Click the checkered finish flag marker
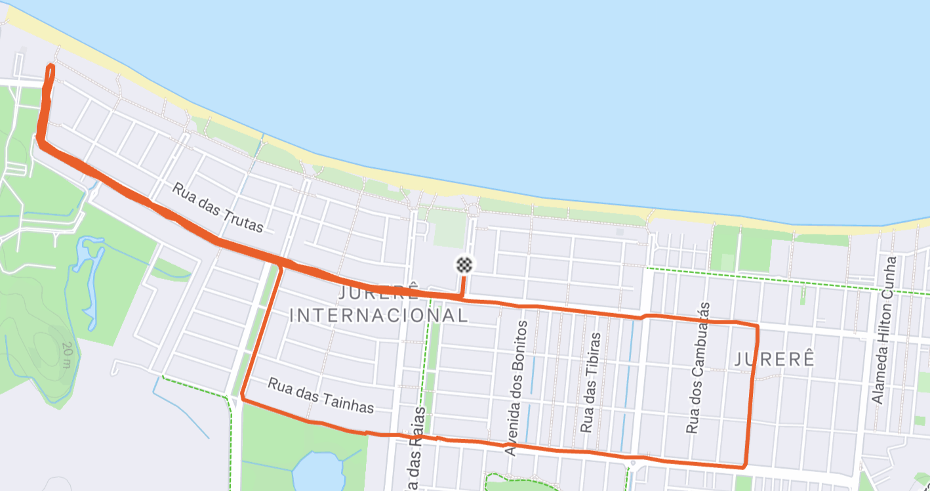464,265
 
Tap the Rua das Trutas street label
218,207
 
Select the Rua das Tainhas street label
321,396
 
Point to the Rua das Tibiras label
590,383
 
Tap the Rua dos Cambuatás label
698,368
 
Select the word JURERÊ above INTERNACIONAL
379,292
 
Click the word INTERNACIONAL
379,316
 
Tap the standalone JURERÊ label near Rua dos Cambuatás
775,360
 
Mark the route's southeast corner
745,467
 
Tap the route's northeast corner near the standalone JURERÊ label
757,326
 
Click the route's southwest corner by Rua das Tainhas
243,397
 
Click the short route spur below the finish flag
464,288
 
